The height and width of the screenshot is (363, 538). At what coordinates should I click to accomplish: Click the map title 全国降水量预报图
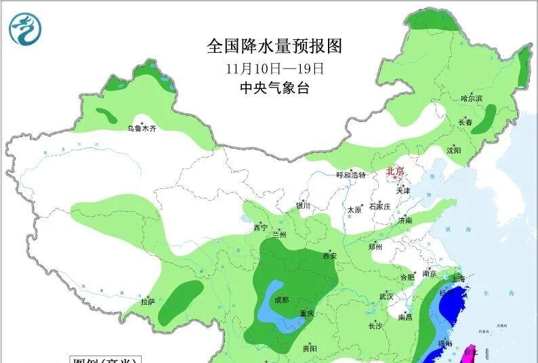275,46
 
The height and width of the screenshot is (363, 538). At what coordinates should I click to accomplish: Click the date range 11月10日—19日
275,68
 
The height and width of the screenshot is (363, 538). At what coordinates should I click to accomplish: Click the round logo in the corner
25,28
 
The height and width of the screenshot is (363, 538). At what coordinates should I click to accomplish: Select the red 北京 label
395,171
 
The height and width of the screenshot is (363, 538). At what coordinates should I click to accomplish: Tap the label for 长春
465,123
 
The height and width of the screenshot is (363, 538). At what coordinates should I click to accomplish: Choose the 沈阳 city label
453,150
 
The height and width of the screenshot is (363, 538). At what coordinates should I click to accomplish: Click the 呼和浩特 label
351,175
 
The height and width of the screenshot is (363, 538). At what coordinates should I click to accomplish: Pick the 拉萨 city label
148,301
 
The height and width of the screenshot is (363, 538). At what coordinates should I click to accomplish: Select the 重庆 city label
306,313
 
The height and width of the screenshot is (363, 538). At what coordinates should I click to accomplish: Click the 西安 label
329,256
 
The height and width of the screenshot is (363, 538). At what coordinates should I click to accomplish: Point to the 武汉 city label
386,296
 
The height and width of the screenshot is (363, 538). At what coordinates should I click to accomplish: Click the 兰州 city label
278,235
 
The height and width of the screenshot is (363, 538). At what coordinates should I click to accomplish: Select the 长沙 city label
375,326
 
